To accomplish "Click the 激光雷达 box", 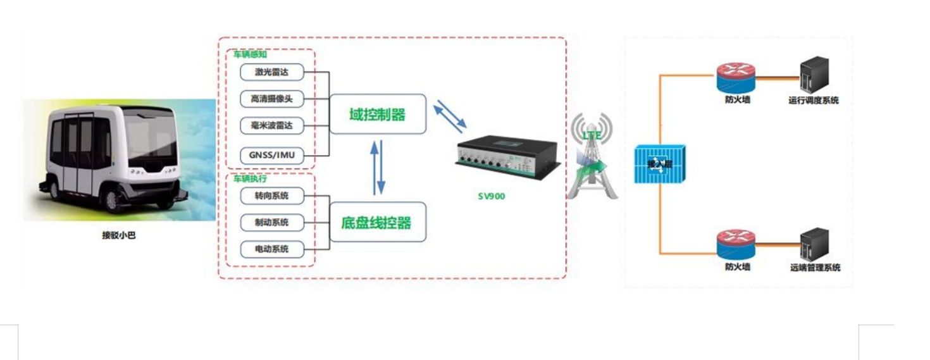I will tap(271, 72).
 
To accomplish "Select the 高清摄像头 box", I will tap(271, 99).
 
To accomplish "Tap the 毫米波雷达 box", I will tap(271, 126).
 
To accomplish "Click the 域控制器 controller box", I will tap(378, 115).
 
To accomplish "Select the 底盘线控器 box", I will tap(378, 223).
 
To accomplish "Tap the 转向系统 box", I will tap(271, 196).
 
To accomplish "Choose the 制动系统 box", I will tap(271, 223).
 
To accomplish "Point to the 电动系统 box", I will tap(271, 249).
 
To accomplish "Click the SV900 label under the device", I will tap(492, 196).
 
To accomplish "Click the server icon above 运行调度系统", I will tap(814, 75).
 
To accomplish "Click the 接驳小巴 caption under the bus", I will tap(119, 235).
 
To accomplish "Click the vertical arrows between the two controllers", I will tap(377, 168).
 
